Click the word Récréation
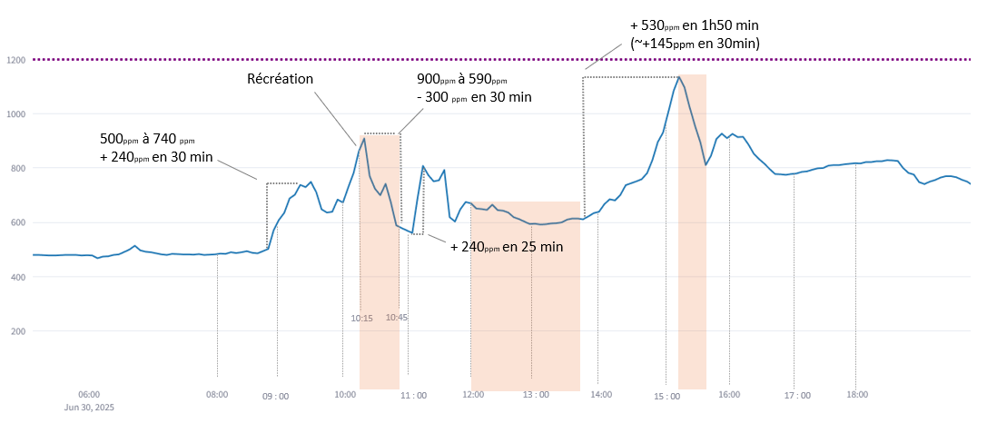[281, 79]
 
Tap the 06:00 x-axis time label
[88, 395]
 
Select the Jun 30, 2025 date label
[89, 408]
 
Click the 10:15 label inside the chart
[361, 319]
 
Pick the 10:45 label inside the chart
[397, 318]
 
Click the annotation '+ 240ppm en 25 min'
[507, 246]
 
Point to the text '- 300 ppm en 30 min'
[473, 97]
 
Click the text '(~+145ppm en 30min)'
[695, 43]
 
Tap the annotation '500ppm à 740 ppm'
[147, 140]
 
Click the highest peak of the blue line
[678, 77]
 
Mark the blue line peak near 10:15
[364, 138]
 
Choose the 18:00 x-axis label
[857, 395]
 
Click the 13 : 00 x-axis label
[536, 396]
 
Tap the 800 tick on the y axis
[15, 168]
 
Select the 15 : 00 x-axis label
[666, 396]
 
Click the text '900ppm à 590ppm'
[462, 80]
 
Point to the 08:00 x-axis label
[217, 395]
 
